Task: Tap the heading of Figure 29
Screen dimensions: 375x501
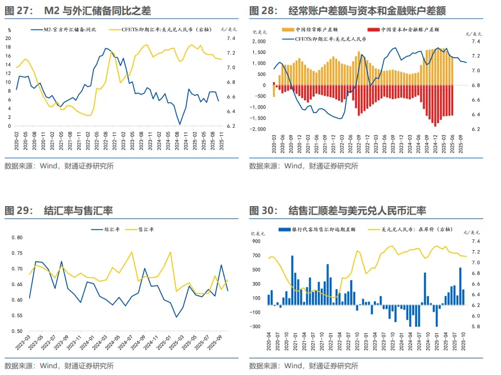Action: pyautogui.click(x=59, y=211)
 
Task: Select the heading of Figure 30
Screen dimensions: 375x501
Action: pyautogui.click(x=337, y=211)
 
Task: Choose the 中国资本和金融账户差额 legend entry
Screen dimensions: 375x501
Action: pyautogui.click(x=405, y=29)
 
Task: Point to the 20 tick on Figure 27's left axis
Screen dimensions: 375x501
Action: pyautogui.click(x=8, y=38)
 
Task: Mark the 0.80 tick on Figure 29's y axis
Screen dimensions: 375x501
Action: pyautogui.click(x=16, y=238)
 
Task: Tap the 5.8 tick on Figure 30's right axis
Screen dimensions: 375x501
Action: pyautogui.click(x=475, y=327)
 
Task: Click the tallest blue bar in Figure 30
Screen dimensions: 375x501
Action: pyautogui.click(x=292, y=280)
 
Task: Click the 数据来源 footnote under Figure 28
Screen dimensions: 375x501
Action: pyautogui.click(x=303, y=166)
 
